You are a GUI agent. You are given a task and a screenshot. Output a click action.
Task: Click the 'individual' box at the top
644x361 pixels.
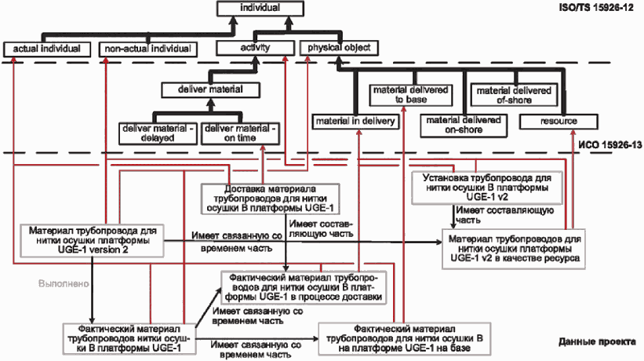point(260,8)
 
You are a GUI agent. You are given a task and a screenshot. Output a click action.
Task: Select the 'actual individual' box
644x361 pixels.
point(46,49)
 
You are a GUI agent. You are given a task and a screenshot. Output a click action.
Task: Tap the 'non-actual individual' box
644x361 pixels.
point(147,49)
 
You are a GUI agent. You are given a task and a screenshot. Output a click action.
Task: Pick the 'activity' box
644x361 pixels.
point(255,48)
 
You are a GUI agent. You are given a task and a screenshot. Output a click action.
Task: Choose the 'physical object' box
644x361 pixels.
point(339,48)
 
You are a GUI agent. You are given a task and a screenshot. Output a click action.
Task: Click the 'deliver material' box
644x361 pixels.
point(210,90)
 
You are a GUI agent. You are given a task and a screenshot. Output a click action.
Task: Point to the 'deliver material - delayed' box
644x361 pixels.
point(158,133)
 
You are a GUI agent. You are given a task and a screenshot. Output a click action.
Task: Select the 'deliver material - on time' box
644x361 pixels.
point(240,133)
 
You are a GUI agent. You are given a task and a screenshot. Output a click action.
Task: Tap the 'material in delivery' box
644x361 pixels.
point(355,122)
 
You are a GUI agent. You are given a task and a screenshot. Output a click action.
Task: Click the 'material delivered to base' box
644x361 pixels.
point(411,95)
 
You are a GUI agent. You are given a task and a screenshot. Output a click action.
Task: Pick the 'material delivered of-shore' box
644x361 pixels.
point(514,95)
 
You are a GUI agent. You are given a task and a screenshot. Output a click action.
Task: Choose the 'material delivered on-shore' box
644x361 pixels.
point(464,126)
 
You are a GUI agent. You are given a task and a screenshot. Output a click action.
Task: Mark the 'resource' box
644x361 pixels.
point(558,122)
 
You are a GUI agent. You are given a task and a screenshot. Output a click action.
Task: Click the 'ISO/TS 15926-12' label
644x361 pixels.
point(596,8)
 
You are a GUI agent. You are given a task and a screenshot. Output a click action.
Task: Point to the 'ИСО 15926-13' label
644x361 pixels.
point(610,145)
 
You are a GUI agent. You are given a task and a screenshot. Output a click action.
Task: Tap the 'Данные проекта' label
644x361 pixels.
point(597,341)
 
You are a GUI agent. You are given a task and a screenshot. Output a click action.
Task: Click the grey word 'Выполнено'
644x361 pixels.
point(64,284)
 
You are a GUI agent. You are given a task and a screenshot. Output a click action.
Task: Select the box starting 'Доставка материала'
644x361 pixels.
point(271,199)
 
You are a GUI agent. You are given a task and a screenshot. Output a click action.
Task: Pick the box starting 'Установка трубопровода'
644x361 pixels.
point(487,188)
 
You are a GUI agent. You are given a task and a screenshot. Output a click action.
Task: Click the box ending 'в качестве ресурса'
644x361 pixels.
point(514,249)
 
